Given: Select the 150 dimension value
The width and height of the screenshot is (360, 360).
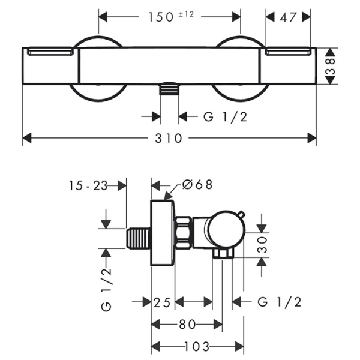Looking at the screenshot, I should point(161,17).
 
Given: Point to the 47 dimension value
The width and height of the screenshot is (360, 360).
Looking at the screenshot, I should point(289,17).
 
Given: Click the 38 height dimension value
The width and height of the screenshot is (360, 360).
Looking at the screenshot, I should point(329,67).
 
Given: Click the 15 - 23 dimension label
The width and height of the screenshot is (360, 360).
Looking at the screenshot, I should point(88,186).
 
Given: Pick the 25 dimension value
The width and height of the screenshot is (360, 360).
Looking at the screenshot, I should point(163,302).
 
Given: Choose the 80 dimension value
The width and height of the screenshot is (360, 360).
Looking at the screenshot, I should point(187,325).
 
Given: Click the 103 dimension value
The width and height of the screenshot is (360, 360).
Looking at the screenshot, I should point(197,347).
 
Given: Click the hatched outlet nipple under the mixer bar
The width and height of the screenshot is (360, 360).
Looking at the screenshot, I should point(170,90).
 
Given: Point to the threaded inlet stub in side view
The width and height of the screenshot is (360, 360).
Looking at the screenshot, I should point(139,239).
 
